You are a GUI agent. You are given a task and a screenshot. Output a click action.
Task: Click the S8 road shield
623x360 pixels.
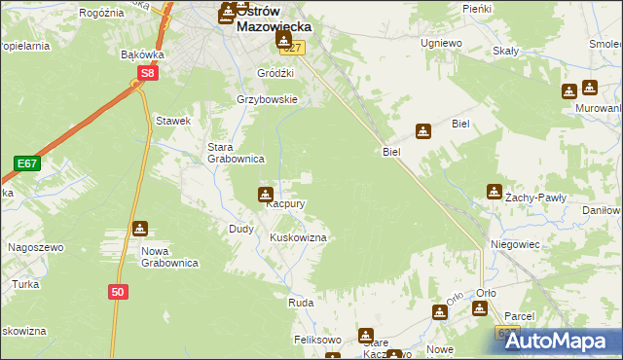[147, 73]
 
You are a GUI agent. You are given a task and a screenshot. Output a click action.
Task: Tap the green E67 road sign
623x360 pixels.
[26, 163]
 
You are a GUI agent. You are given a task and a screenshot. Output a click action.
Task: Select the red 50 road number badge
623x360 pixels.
[118, 292]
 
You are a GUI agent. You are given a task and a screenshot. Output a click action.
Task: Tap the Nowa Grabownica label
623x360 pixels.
[169, 257]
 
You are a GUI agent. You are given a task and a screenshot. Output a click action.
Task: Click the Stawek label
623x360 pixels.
[173, 121]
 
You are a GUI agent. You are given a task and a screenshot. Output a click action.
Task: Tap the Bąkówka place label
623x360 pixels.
[141, 55]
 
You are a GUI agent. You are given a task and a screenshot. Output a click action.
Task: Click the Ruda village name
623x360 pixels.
[299, 304]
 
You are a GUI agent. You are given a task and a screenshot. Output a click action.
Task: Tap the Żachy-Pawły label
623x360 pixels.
[539, 198]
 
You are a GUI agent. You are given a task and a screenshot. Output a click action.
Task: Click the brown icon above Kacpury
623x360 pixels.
[265, 194]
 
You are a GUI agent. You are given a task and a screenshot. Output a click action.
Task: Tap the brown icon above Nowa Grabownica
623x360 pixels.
[141, 230]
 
